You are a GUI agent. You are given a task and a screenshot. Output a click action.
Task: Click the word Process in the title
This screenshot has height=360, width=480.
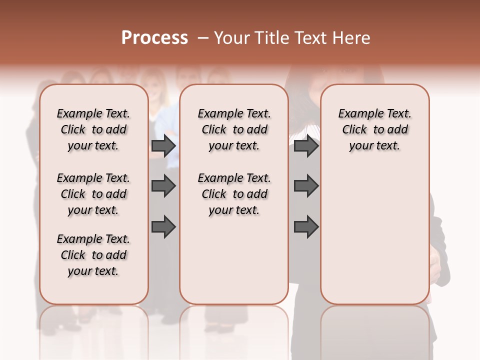[154, 38]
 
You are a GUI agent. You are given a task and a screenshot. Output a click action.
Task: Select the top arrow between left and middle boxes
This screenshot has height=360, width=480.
[163, 145]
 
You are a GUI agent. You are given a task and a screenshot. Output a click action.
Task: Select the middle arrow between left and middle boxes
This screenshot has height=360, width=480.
[163, 186]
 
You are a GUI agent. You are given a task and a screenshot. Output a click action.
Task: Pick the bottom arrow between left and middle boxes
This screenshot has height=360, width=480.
[163, 227]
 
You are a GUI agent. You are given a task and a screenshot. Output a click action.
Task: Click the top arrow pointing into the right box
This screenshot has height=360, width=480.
[306, 145]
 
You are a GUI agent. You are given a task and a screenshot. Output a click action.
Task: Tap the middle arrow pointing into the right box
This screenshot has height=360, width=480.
[306, 186]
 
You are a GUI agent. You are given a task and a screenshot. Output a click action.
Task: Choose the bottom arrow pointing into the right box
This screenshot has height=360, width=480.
[306, 227]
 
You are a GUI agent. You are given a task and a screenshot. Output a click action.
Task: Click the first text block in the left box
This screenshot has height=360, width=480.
[93, 129]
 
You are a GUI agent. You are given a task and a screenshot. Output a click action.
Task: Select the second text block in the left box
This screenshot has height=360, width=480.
[93, 194]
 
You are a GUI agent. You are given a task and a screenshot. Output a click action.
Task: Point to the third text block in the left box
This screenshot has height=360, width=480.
[93, 255]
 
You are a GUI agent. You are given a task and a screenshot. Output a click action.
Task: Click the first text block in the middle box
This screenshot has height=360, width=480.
[234, 129]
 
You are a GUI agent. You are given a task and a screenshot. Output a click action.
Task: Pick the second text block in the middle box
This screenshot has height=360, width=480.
[234, 194]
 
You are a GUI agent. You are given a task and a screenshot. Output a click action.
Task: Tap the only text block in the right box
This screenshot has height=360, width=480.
[374, 129]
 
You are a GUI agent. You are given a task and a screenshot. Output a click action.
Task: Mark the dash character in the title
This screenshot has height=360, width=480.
[202, 38]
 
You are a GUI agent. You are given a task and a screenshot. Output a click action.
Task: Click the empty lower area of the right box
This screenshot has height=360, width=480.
[374, 240]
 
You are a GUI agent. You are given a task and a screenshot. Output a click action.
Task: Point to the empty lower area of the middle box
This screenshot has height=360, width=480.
[234, 260]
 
